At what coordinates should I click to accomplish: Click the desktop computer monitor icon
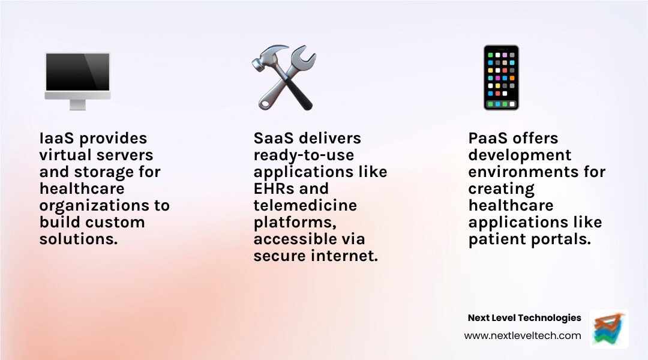[x=77, y=77]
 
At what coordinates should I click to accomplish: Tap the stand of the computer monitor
[x=77, y=104]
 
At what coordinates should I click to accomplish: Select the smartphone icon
[x=501, y=78]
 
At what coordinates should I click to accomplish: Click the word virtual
[x=63, y=155]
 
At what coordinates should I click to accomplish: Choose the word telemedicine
[x=305, y=206]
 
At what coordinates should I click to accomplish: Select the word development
[x=520, y=155]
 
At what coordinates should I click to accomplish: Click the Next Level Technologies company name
[x=524, y=318]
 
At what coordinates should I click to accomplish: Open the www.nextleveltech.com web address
[x=522, y=336]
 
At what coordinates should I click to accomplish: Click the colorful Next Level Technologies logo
[x=609, y=329]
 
